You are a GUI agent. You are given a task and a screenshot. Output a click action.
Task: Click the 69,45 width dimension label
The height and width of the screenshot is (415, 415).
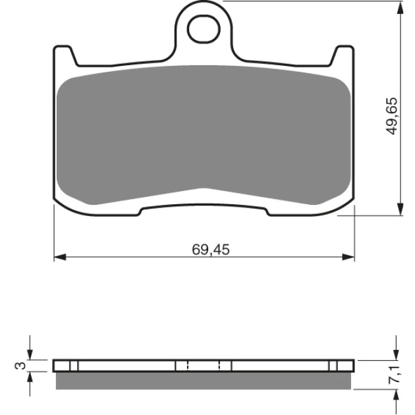coord(211,250)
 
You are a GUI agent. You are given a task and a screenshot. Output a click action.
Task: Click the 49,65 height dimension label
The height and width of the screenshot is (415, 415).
coord(392,116)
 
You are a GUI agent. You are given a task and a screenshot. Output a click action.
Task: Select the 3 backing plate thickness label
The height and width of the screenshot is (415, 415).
coord(20,366)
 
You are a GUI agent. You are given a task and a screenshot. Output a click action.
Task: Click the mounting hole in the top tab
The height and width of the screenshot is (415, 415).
coord(204,29)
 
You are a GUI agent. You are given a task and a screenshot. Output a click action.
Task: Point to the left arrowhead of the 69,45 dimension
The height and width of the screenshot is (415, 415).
coord(60,257)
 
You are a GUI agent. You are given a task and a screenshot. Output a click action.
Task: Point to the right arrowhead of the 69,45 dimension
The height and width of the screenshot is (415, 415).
coord(348,257)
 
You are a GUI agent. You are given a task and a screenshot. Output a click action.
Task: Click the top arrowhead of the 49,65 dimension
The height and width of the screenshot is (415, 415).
coord(401,8)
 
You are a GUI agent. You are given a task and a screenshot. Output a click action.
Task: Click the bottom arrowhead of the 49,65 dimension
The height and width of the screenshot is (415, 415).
coord(401,209)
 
